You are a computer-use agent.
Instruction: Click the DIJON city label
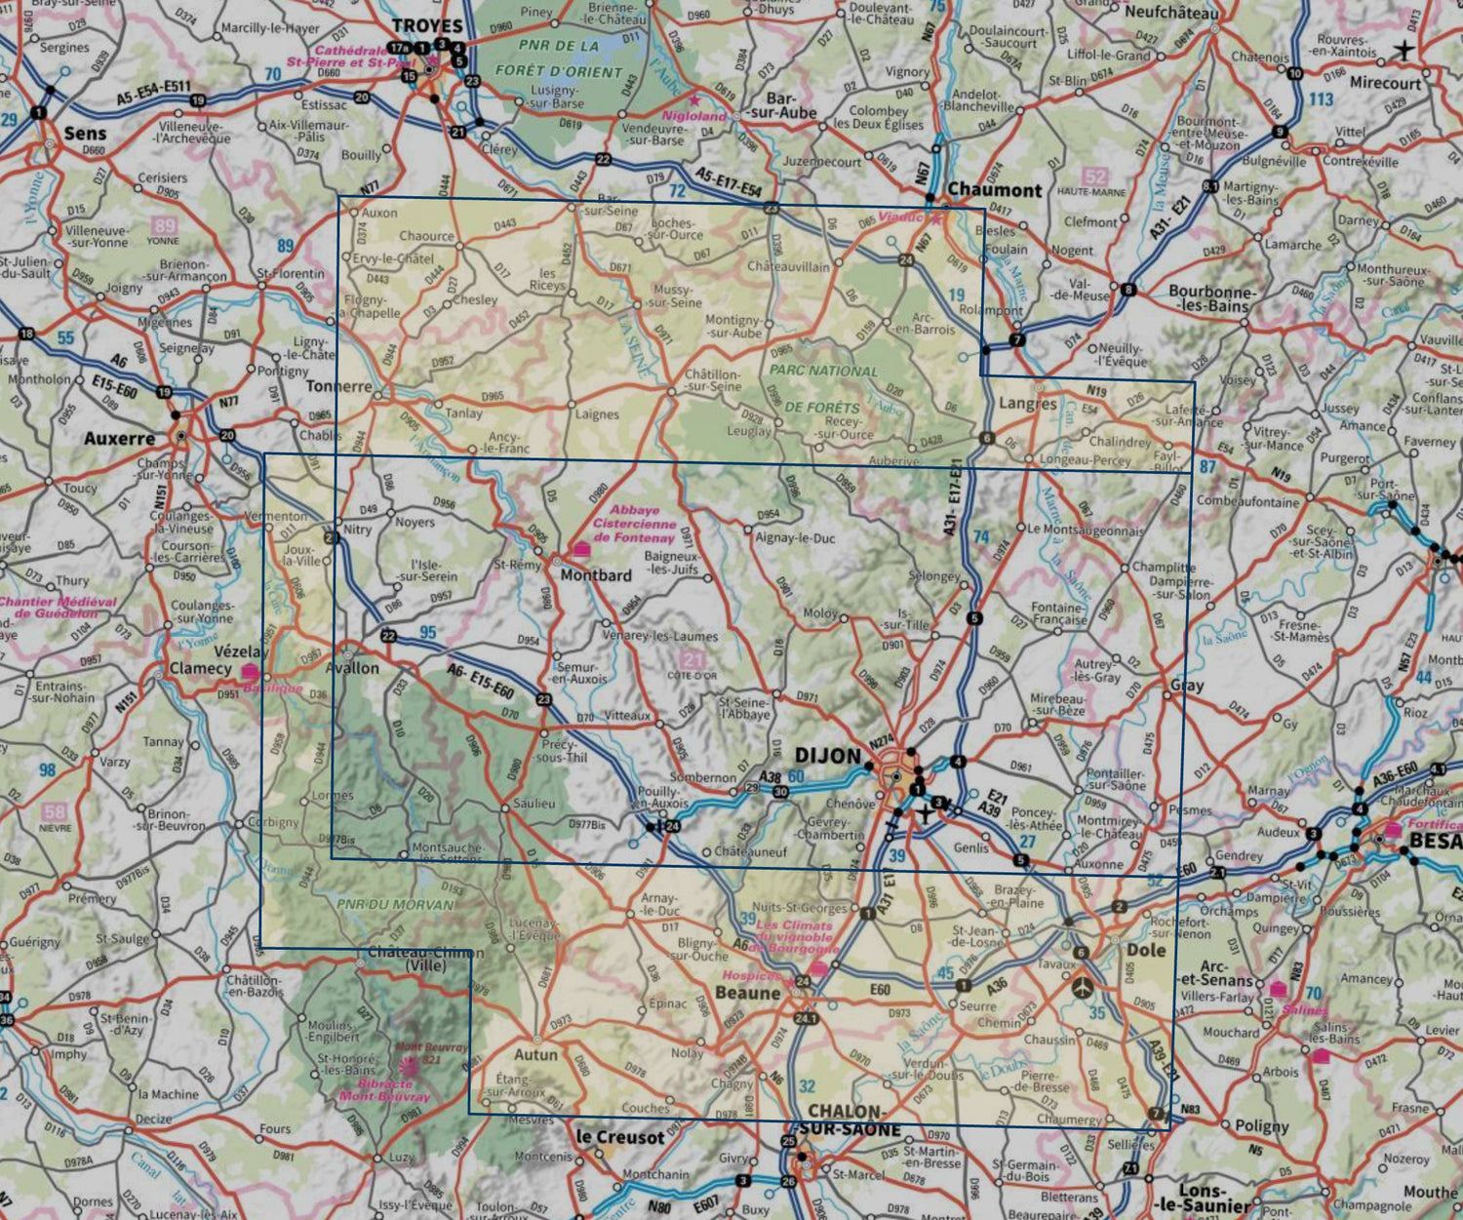[828, 756]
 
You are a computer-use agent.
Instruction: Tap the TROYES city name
[426, 26]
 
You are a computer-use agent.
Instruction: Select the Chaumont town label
[994, 190]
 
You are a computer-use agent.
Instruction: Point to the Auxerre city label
[119, 439]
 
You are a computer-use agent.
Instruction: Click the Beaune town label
[748, 993]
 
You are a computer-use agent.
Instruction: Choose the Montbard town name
[596, 575]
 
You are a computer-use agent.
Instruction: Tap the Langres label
[1028, 403]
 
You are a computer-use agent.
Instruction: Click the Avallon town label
[352, 668]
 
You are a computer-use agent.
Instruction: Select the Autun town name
[535, 1054]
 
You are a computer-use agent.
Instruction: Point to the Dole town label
[1146, 950]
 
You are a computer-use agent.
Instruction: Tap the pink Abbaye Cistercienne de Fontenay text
[634, 524]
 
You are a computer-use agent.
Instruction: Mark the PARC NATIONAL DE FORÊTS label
[823, 388]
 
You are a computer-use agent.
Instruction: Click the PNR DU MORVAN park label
[395, 904]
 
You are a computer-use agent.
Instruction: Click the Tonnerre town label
[339, 386]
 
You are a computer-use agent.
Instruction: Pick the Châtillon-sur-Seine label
[712, 380]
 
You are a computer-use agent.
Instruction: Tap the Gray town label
[1187, 686]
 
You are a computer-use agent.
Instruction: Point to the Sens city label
[85, 134]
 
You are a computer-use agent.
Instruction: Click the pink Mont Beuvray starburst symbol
[409, 1067]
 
